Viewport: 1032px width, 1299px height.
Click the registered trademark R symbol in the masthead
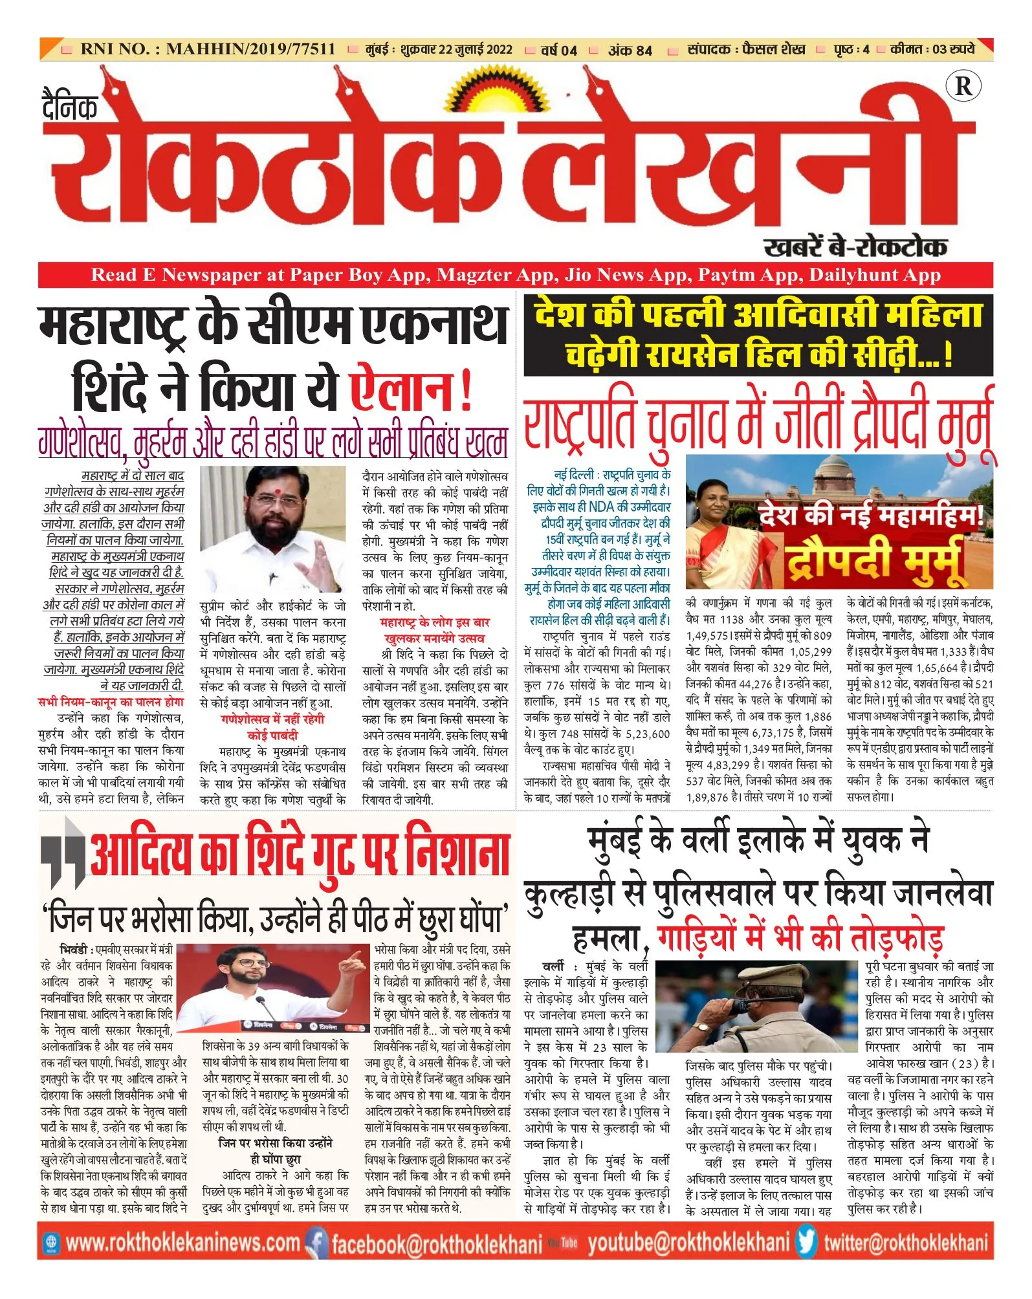pyautogui.click(x=963, y=86)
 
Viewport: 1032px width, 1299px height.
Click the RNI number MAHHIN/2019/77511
pyautogui.click(x=250, y=49)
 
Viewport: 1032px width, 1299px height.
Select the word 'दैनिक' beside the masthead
pyautogui.click(x=70, y=106)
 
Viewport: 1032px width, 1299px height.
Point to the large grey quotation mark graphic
pyautogui.click(x=63, y=853)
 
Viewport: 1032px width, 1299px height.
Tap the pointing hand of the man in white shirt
pyautogui.click(x=353, y=963)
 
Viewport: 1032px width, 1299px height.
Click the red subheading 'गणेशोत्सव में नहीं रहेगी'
pyautogui.click(x=272, y=719)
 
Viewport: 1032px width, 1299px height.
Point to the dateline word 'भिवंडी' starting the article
pyautogui.click(x=74, y=949)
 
